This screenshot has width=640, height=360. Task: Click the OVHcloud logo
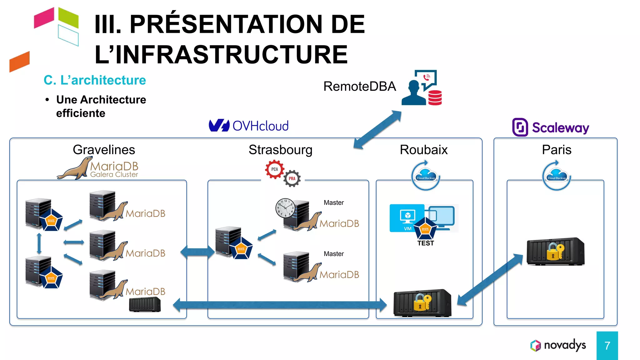pos(249,126)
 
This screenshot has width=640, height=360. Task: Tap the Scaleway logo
pos(551,127)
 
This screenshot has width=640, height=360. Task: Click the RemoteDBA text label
pos(359,86)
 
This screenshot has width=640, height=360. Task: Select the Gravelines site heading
pos(104,150)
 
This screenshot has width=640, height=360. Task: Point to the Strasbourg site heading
pos(280,150)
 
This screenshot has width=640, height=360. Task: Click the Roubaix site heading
pos(423,150)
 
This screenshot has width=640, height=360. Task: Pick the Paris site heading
pos(556,150)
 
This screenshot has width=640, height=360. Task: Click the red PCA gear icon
pos(274,169)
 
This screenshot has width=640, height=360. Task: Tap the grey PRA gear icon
pos(292,178)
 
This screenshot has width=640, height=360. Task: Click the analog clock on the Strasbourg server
pos(285,208)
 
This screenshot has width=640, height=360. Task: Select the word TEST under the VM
pos(425,243)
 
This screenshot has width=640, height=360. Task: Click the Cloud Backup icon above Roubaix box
pos(425,176)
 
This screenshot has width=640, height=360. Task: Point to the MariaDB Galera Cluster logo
pos(98,169)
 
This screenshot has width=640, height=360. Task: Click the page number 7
pos(607,346)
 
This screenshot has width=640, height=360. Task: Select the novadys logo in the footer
pos(558,345)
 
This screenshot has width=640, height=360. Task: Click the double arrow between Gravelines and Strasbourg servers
pos(197,252)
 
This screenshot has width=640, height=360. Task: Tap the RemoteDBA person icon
pos(414,93)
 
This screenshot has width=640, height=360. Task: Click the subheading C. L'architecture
pos(95,80)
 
